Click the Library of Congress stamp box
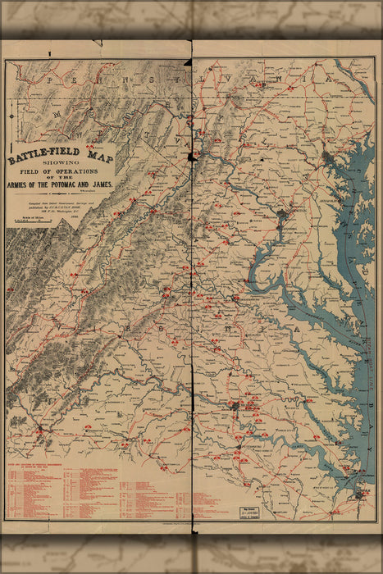click(x=253, y=512)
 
